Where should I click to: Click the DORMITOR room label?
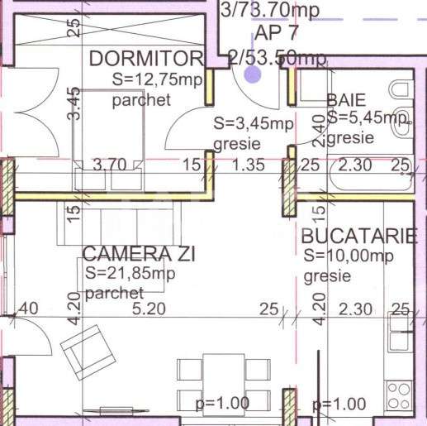pyautogui.click(x=145, y=58)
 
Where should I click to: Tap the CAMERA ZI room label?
pyautogui.click(x=139, y=254)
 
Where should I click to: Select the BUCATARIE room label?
pyautogui.click(x=359, y=236)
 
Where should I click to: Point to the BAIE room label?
pyautogui.click(x=346, y=100)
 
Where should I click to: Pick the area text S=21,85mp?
pyautogui.click(x=130, y=274)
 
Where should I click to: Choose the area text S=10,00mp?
pyautogui.click(x=348, y=256)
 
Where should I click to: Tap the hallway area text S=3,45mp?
pyautogui.click(x=254, y=124)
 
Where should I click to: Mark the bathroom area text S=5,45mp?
pyautogui.click(x=368, y=118)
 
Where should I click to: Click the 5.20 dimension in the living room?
pyautogui.click(x=149, y=309)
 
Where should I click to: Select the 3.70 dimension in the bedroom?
pyautogui.click(x=109, y=164)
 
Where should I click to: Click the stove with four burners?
pyautogui.click(x=399, y=389)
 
